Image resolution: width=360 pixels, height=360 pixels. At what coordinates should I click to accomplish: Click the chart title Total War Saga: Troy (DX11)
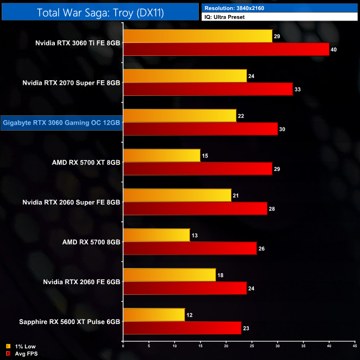(100, 12)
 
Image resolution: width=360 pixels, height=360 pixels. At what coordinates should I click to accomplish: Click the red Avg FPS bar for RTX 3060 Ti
(226, 50)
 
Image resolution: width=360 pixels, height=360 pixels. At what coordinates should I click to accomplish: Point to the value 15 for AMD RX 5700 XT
(205, 156)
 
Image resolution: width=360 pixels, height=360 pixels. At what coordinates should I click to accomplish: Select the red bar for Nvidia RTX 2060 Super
(195, 209)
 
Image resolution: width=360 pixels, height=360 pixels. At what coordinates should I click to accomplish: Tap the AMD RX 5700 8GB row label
(91, 242)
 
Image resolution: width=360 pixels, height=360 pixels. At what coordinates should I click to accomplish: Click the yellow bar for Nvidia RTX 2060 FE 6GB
(169, 275)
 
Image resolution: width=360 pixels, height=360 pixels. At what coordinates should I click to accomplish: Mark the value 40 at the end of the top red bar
(334, 50)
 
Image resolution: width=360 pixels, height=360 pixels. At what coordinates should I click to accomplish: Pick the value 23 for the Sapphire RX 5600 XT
(246, 328)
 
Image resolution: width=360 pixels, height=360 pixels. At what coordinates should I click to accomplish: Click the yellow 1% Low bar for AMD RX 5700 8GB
(157, 235)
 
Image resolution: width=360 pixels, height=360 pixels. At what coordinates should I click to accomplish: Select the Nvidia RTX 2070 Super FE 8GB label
(71, 83)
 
